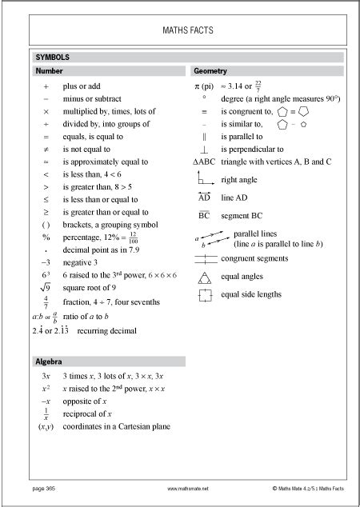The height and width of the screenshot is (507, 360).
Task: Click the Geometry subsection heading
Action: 210,71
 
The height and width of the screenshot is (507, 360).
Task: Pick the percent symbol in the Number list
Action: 46,238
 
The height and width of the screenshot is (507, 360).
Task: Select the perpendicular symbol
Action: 205,149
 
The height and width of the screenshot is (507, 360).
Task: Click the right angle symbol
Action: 204,179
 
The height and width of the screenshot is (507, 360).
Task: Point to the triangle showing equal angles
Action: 205,277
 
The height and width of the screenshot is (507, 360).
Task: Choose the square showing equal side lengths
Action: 205,295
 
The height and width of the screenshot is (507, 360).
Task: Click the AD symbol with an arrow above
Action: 204,197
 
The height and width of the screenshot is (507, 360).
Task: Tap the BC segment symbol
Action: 204,215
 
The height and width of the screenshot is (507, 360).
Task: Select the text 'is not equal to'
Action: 89,149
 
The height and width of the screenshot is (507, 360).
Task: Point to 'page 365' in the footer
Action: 43,486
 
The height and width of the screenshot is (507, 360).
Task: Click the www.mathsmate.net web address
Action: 188,486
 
